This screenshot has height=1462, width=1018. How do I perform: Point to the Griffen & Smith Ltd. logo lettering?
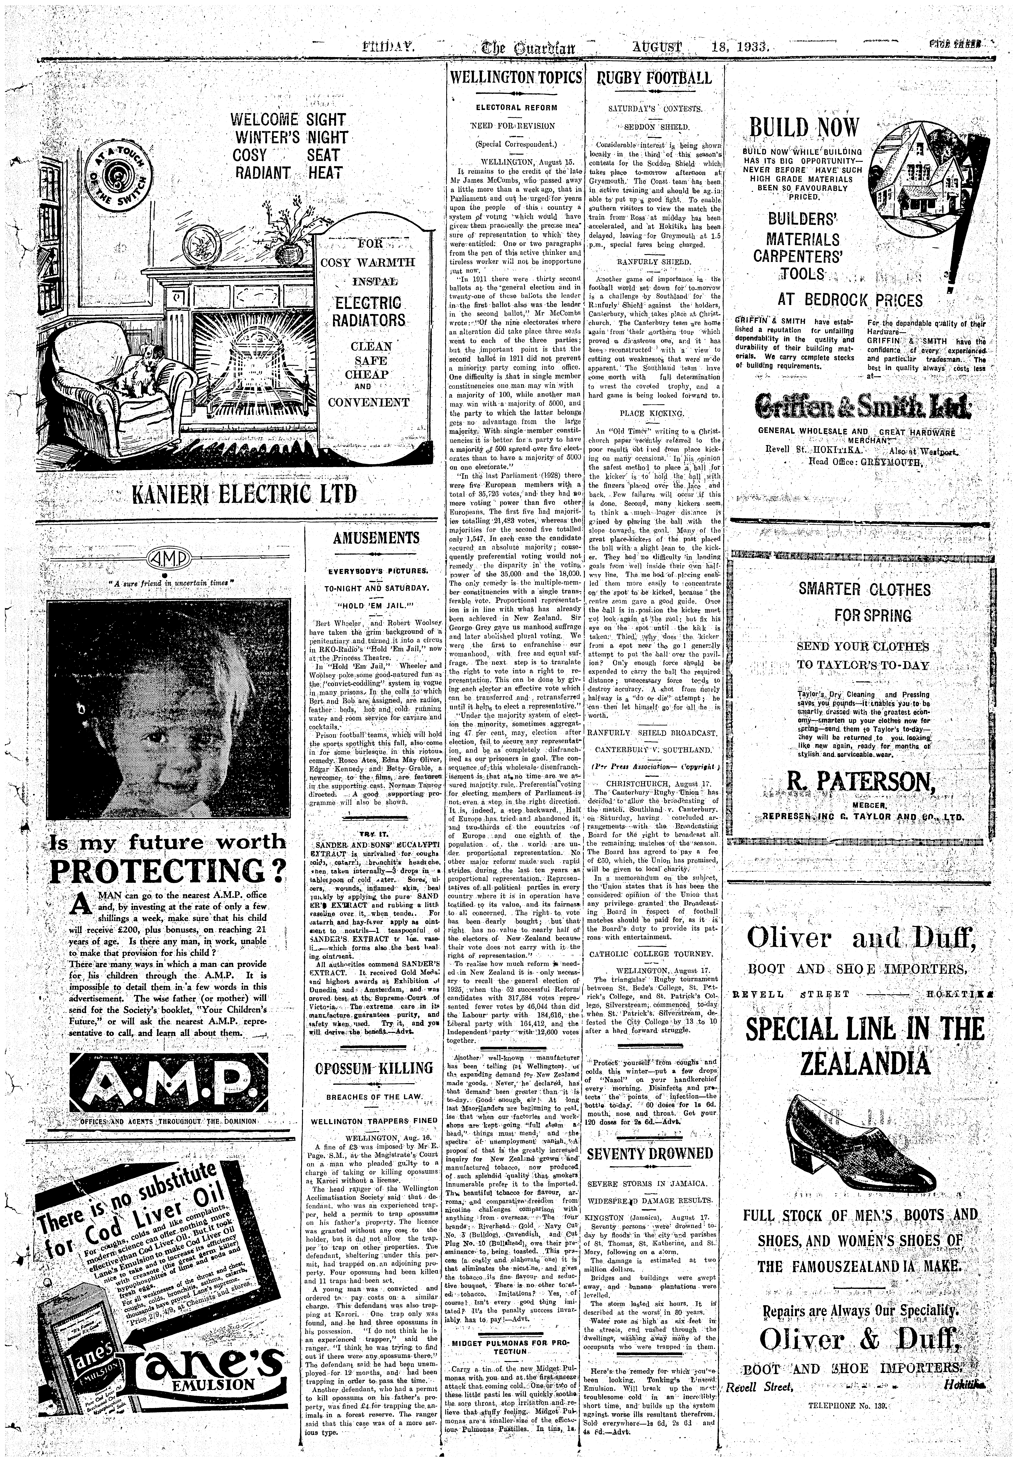[863, 405]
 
